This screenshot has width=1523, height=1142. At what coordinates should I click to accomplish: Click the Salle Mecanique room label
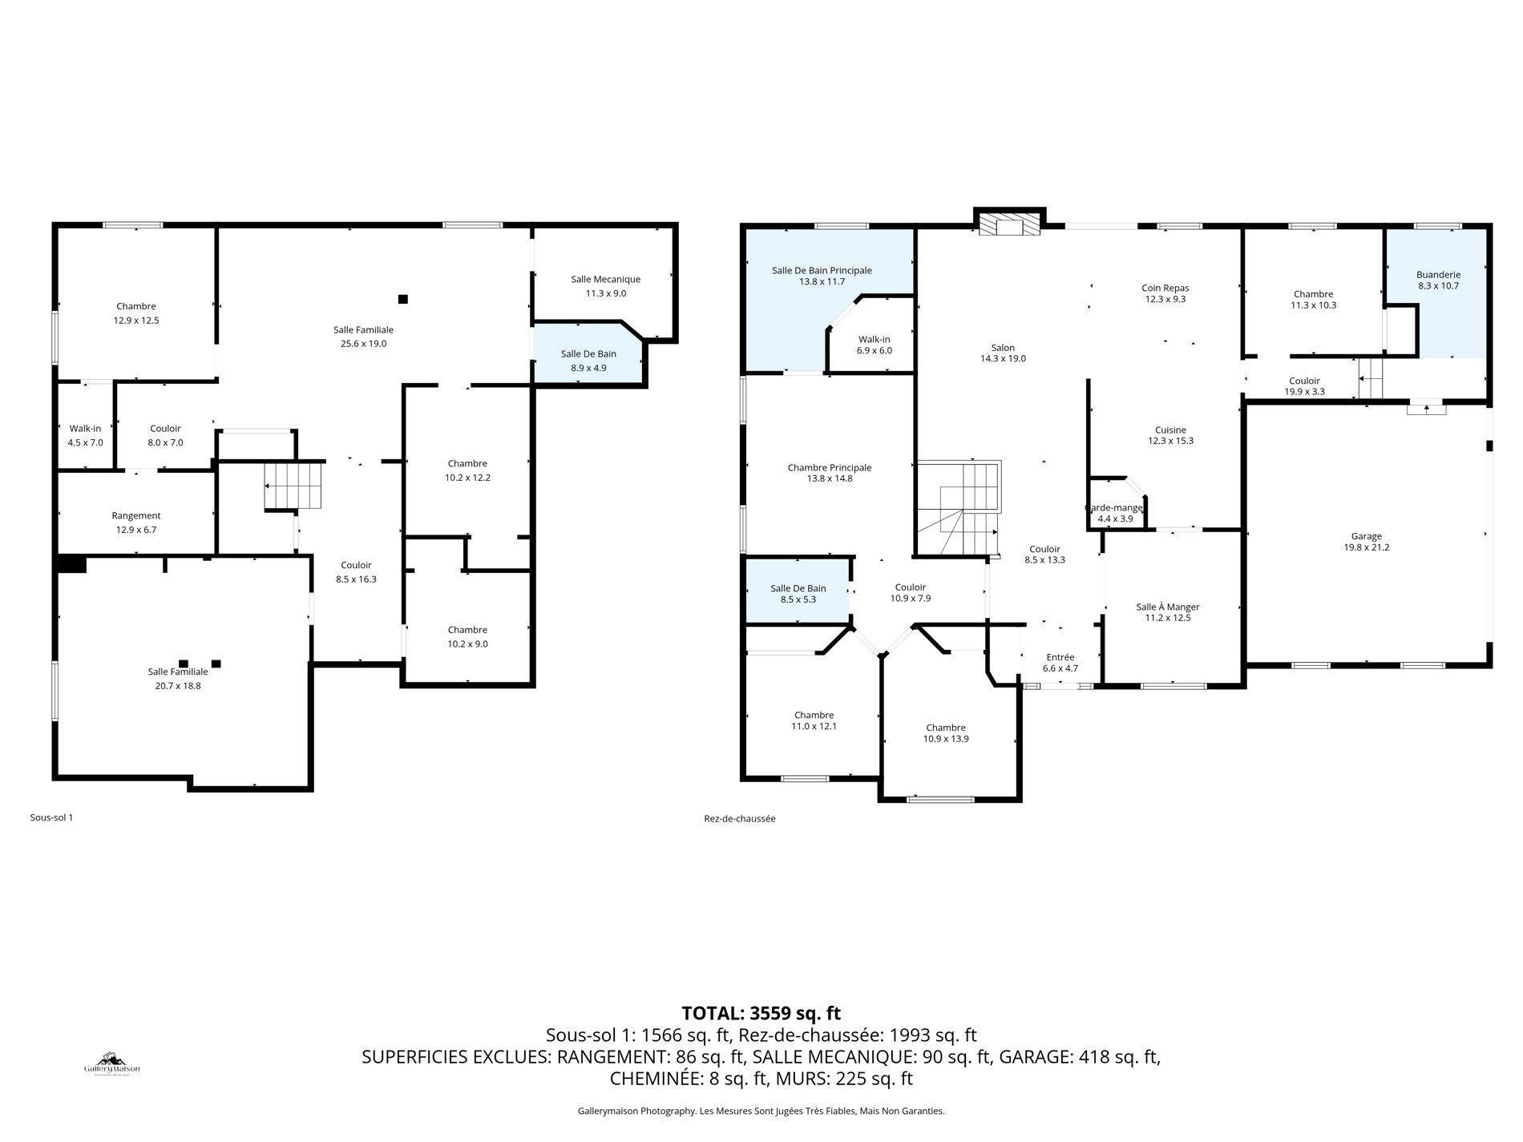pyautogui.click(x=605, y=280)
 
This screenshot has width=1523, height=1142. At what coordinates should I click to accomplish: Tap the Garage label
pyautogui.click(x=1367, y=537)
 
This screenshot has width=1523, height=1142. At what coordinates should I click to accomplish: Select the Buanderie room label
pyautogui.click(x=1438, y=275)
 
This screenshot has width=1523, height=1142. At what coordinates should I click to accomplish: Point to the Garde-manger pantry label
pyautogui.click(x=1114, y=508)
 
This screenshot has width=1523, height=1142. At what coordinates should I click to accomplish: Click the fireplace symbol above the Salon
pyautogui.click(x=1009, y=226)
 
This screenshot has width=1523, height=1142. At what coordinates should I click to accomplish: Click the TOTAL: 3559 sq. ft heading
pyautogui.click(x=761, y=1013)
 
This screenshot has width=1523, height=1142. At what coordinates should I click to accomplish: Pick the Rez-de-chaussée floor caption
pyautogui.click(x=739, y=819)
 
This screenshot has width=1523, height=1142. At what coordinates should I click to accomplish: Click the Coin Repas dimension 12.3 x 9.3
pyautogui.click(x=1165, y=300)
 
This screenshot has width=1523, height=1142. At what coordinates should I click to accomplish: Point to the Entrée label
pyautogui.click(x=1060, y=657)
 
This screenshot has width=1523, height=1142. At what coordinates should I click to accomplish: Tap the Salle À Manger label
pyautogui.click(x=1167, y=607)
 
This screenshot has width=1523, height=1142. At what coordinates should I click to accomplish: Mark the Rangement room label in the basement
pyautogui.click(x=136, y=516)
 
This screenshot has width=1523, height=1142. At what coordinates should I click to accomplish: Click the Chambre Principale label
pyautogui.click(x=829, y=468)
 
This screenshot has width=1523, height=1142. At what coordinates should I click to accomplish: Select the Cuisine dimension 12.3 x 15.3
pyautogui.click(x=1170, y=441)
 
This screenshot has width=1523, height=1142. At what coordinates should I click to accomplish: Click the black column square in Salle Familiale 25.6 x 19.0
pyautogui.click(x=403, y=299)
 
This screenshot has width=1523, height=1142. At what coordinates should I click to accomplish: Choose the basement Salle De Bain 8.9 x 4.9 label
pyautogui.click(x=588, y=354)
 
